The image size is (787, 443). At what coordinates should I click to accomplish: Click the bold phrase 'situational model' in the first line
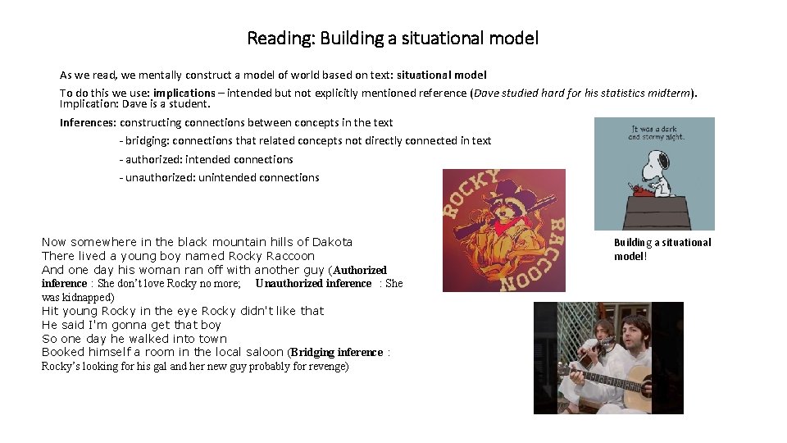(441, 75)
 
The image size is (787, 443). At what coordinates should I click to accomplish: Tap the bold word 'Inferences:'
(88, 123)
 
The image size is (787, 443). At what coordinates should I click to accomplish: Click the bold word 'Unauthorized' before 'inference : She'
(290, 284)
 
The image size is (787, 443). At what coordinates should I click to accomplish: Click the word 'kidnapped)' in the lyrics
(89, 298)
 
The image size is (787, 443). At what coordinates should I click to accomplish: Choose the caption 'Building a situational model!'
(662, 249)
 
